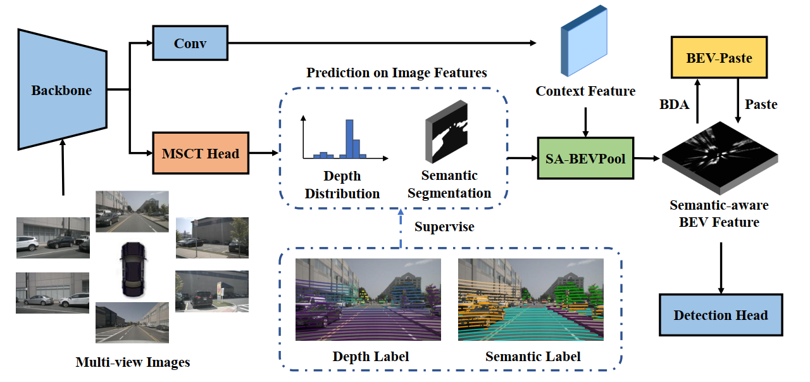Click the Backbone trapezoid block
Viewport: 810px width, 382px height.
[x=61, y=90]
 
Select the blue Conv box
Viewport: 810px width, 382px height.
[x=190, y=43]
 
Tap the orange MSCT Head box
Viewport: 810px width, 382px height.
[x=201, y=153]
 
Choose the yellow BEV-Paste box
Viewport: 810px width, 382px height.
[x=718, y=58]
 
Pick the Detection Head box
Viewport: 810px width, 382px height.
[x=720, y=315]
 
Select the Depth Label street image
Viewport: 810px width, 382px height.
[x=368, y=300]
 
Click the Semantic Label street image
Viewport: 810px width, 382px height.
[x=531, y=300]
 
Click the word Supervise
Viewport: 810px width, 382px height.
[x=444, y=226]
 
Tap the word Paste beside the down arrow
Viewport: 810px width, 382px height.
[x=761, y=105]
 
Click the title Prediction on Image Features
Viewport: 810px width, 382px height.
[x=397, y=72]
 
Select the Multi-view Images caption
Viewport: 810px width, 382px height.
[x=132, y=362]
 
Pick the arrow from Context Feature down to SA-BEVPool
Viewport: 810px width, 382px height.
[x=586, y=122]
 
